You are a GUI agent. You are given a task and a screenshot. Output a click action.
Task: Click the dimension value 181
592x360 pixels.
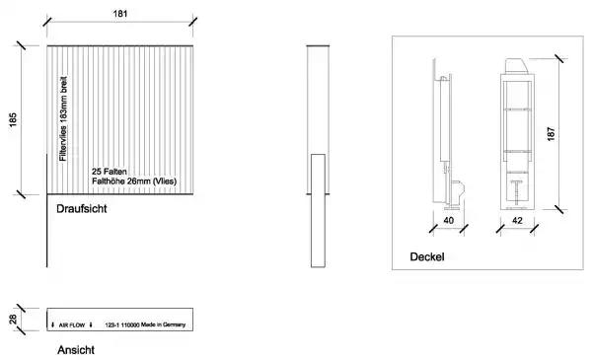pyautogui.click(x=120, y=14)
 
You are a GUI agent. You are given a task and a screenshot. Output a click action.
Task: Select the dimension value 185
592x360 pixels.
pyautogui.click(x=13, y=119)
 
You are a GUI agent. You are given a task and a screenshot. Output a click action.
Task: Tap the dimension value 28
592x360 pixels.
pyautogui.click(x=13, y=320)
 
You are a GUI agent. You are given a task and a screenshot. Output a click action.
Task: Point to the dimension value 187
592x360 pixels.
pyautogui.click(x=551, y=134)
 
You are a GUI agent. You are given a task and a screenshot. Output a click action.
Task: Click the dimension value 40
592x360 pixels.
pyautogui.click(x=449, y=220)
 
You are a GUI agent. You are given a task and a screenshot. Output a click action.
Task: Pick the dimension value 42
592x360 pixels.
pyautogui.click(x=517, y=220)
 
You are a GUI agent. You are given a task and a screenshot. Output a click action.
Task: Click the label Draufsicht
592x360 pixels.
pyautogui.click(x=82, y=209)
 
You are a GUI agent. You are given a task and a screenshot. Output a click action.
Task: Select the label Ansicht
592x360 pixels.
pyautogui.click(x=76, y=350)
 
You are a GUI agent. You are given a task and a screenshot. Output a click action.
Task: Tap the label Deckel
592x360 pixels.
pyautogui.click(x=427, y=257)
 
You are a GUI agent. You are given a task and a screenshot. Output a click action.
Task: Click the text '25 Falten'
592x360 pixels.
pyautogui.click(x=110, y=172)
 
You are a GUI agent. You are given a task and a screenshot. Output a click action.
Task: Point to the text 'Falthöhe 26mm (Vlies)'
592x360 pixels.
pyautogui.click(x=134, y=181)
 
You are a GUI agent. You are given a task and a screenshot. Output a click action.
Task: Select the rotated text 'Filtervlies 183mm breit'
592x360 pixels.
pyautogui.click(x=63, y=119)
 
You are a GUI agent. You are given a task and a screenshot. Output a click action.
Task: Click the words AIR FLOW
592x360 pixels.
pyautogui.click(x=72, y=324)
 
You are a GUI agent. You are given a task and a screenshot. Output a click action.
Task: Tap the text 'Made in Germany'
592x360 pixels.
pyautogui.click(x=163, y=324)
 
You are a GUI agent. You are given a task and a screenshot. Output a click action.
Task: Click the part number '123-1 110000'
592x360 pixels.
pyautogui.click(x=122, y=324)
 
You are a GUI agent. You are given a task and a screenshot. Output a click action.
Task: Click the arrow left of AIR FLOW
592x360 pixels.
pyautogui.click(x=53, y=324)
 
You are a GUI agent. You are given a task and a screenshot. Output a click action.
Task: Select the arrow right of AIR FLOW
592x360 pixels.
pyautogui.click(x=91, y=324)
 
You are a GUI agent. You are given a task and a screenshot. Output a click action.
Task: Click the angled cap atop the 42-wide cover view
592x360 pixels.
pyautogui.click(x=516, y=66)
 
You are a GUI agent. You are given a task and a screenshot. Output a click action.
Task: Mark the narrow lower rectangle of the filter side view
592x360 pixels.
pyautogui.click(x=318, y=210)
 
